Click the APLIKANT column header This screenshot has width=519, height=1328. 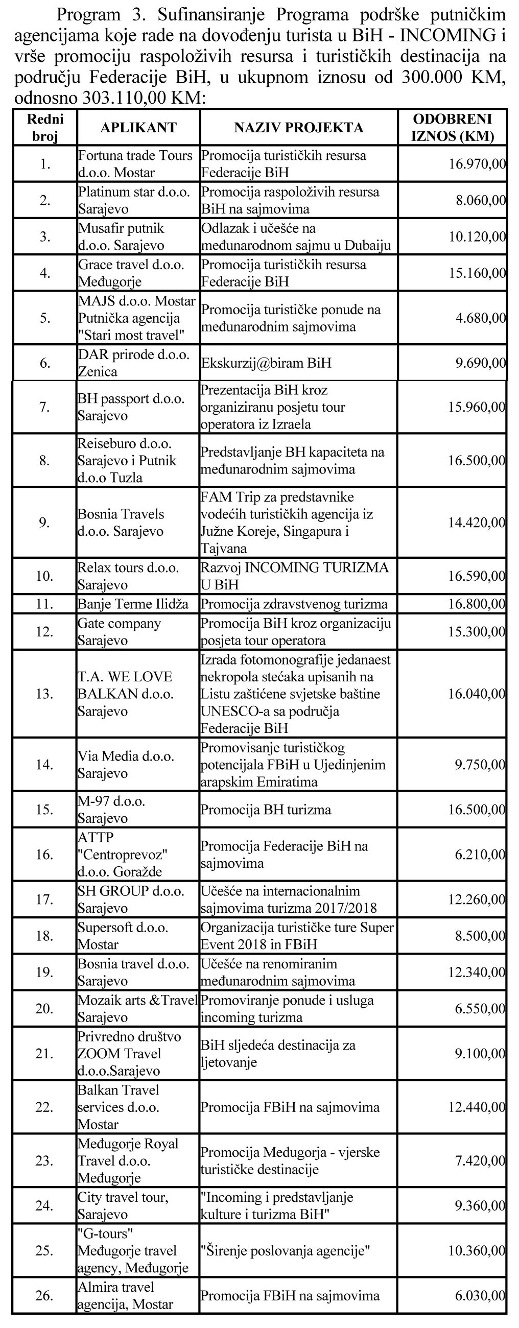point(138,127)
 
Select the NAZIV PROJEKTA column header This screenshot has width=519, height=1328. point(298,127)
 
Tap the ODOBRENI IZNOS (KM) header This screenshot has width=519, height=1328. point(453,127)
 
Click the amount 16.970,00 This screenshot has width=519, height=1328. point(477,164)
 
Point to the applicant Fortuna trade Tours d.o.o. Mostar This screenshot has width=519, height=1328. point(135,163)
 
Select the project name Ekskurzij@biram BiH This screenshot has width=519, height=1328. point(266,363)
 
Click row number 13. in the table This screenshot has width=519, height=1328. point(44,694)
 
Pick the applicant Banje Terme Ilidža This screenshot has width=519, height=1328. point(133,604)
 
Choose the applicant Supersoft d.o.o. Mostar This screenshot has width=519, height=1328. point(123,936)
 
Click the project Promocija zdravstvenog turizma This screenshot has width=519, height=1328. point(294,604)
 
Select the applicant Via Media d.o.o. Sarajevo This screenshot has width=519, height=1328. point(126,765)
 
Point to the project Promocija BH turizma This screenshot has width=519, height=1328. point(266,810)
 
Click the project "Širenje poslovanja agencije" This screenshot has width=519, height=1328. point(286,1251)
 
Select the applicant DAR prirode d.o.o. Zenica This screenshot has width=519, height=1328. point(133,363)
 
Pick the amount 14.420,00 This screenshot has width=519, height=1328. point(477,522)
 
